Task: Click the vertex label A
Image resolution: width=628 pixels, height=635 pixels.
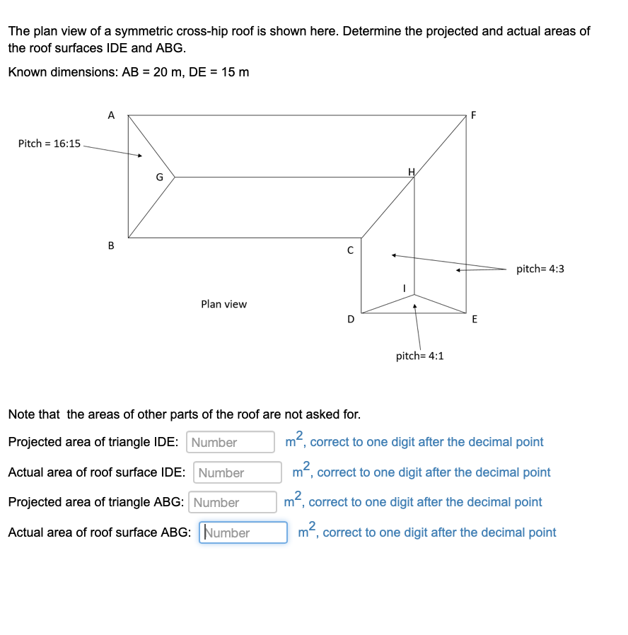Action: (x=110, y=115)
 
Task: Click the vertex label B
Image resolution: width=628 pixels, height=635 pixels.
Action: (x=110, y=245)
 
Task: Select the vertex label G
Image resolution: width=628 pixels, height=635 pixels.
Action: (x=160, y=177)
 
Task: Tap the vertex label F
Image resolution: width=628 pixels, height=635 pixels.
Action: (x=474, y=115)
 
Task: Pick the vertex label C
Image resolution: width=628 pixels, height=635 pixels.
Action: (x=349, y=250)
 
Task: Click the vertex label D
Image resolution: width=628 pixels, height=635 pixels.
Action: (x=351, y=319)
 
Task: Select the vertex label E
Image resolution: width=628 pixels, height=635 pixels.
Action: (x=475, y=319)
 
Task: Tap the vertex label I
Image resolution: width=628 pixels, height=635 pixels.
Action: (x=404, y=288)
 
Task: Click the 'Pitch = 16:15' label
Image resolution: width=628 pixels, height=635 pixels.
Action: (x=49, y=144)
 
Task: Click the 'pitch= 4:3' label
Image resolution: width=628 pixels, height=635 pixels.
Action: (x=540, y=269)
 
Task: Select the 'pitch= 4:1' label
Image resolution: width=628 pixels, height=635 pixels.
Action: (x=419, y=356)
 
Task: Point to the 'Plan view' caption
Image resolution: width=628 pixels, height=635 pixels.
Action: (x=223, y=304)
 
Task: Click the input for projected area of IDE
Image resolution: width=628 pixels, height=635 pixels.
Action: (x=231, y=442)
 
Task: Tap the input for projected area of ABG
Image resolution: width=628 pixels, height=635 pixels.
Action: (x=233, y=502)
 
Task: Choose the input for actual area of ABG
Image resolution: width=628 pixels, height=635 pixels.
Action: (x=243, y=532)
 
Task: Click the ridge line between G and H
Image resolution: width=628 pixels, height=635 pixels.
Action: (x=293, y=177)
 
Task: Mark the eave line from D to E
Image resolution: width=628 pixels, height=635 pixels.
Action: (x=414, y=313)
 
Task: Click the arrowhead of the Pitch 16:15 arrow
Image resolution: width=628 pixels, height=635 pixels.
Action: (x=141, y=156)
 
